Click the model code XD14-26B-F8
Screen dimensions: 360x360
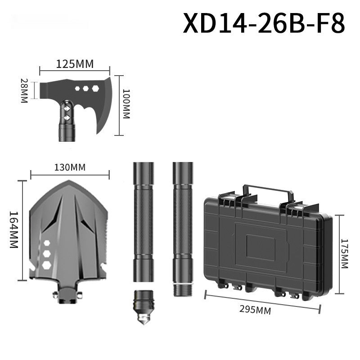point(264,23)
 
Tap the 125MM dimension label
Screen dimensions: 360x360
point(75,64)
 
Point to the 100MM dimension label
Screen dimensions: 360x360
point(126,104)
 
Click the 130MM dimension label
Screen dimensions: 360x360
point(70,167)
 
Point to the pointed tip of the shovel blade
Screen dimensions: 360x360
point(69,182)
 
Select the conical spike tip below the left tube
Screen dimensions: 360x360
point(143,320)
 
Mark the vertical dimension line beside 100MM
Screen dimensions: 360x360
point(119,105)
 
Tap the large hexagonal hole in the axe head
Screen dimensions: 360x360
point(95,89)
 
